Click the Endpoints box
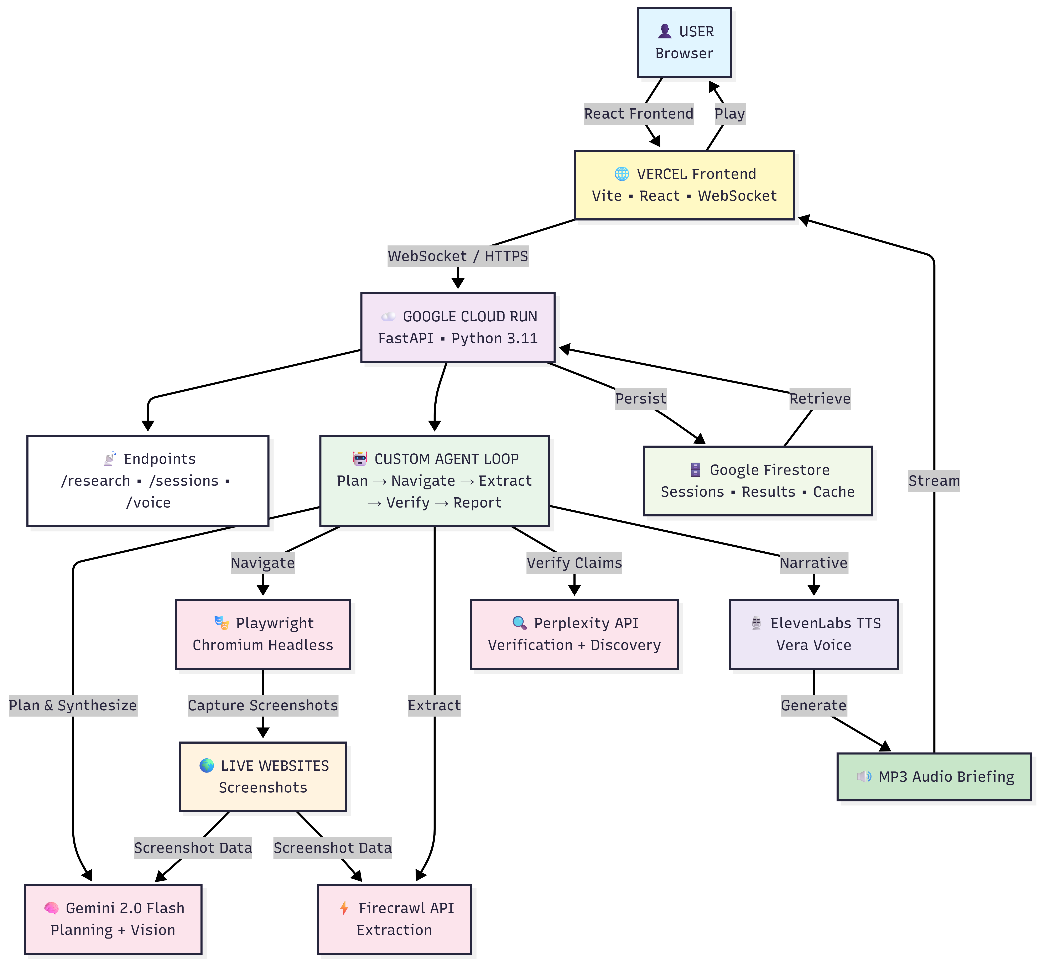(x=148, y=480)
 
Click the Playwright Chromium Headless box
(x=263, y=634)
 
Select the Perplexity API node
(x=574, y=634)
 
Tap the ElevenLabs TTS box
(x=813, y=634)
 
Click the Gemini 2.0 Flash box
(x=113, y=919)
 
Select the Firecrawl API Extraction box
(x=395, y=919)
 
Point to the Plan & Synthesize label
(x=73, y=705)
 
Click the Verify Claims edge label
(x=574, y=563)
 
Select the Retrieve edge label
(x=820, y=399)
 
